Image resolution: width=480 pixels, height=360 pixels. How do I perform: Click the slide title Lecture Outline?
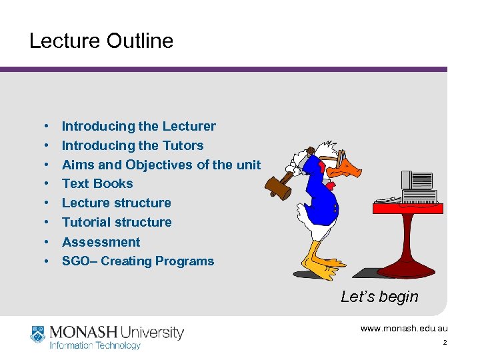[101, 41]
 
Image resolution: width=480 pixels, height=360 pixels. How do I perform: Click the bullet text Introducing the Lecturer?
[139, 126]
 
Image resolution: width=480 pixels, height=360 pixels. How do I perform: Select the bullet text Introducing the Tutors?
[133, 145]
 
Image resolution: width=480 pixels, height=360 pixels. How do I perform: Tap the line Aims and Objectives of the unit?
[161, 165]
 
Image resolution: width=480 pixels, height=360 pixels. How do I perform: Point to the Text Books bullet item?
[97, 183]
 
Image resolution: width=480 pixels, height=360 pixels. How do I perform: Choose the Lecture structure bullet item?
[116, 203]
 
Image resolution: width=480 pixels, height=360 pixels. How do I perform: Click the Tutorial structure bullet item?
[117, 222]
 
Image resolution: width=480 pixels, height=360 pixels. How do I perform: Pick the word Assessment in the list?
[101, 242]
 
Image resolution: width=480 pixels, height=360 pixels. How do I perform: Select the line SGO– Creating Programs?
[138, 261]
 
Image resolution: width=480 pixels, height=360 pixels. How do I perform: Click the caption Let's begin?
[379, 297]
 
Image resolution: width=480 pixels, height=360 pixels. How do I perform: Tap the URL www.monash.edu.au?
[404, 328]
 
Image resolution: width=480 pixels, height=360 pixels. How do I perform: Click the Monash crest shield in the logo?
[37, 334]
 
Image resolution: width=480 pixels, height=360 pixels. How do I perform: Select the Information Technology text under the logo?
[95, 345]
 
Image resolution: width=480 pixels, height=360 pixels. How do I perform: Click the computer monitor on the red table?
[417, 180]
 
